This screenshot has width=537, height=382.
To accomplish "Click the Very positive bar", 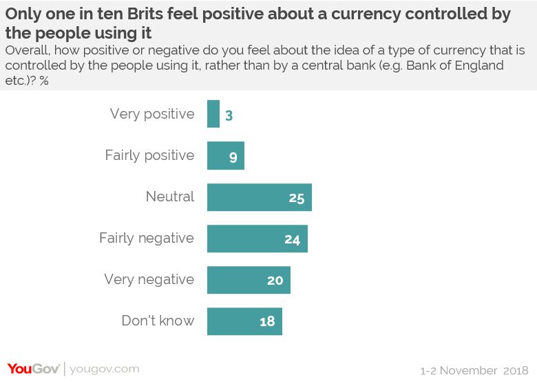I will pos(213,114).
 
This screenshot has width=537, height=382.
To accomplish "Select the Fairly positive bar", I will pos(226,155).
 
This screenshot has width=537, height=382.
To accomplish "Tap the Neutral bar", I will pos(260,197).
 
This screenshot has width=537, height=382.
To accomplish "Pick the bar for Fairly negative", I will pos(257,239).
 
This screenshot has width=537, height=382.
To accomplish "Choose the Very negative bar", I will pos(249,280).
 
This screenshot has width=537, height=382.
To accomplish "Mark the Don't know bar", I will pos(244,321).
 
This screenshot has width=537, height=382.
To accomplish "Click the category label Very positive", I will pos(152,114).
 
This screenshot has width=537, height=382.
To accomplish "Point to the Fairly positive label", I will pos(149,155).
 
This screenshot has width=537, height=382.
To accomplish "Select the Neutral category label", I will pos(170,197).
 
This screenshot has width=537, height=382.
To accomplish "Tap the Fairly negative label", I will pos(147,239).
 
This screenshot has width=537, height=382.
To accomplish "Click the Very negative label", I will pos(149,280).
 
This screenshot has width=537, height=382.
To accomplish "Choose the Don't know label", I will pos(158,321).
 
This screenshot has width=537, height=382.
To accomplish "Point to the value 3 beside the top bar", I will pos(229,115).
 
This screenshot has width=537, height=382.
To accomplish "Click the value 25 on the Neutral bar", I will pos(297,199).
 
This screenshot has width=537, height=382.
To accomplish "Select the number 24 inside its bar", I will pos(293,240).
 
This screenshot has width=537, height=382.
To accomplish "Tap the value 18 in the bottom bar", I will pos(267,322).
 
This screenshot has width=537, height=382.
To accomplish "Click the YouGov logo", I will pos(34,368).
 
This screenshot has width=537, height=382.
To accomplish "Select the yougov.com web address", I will pos(105,369).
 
